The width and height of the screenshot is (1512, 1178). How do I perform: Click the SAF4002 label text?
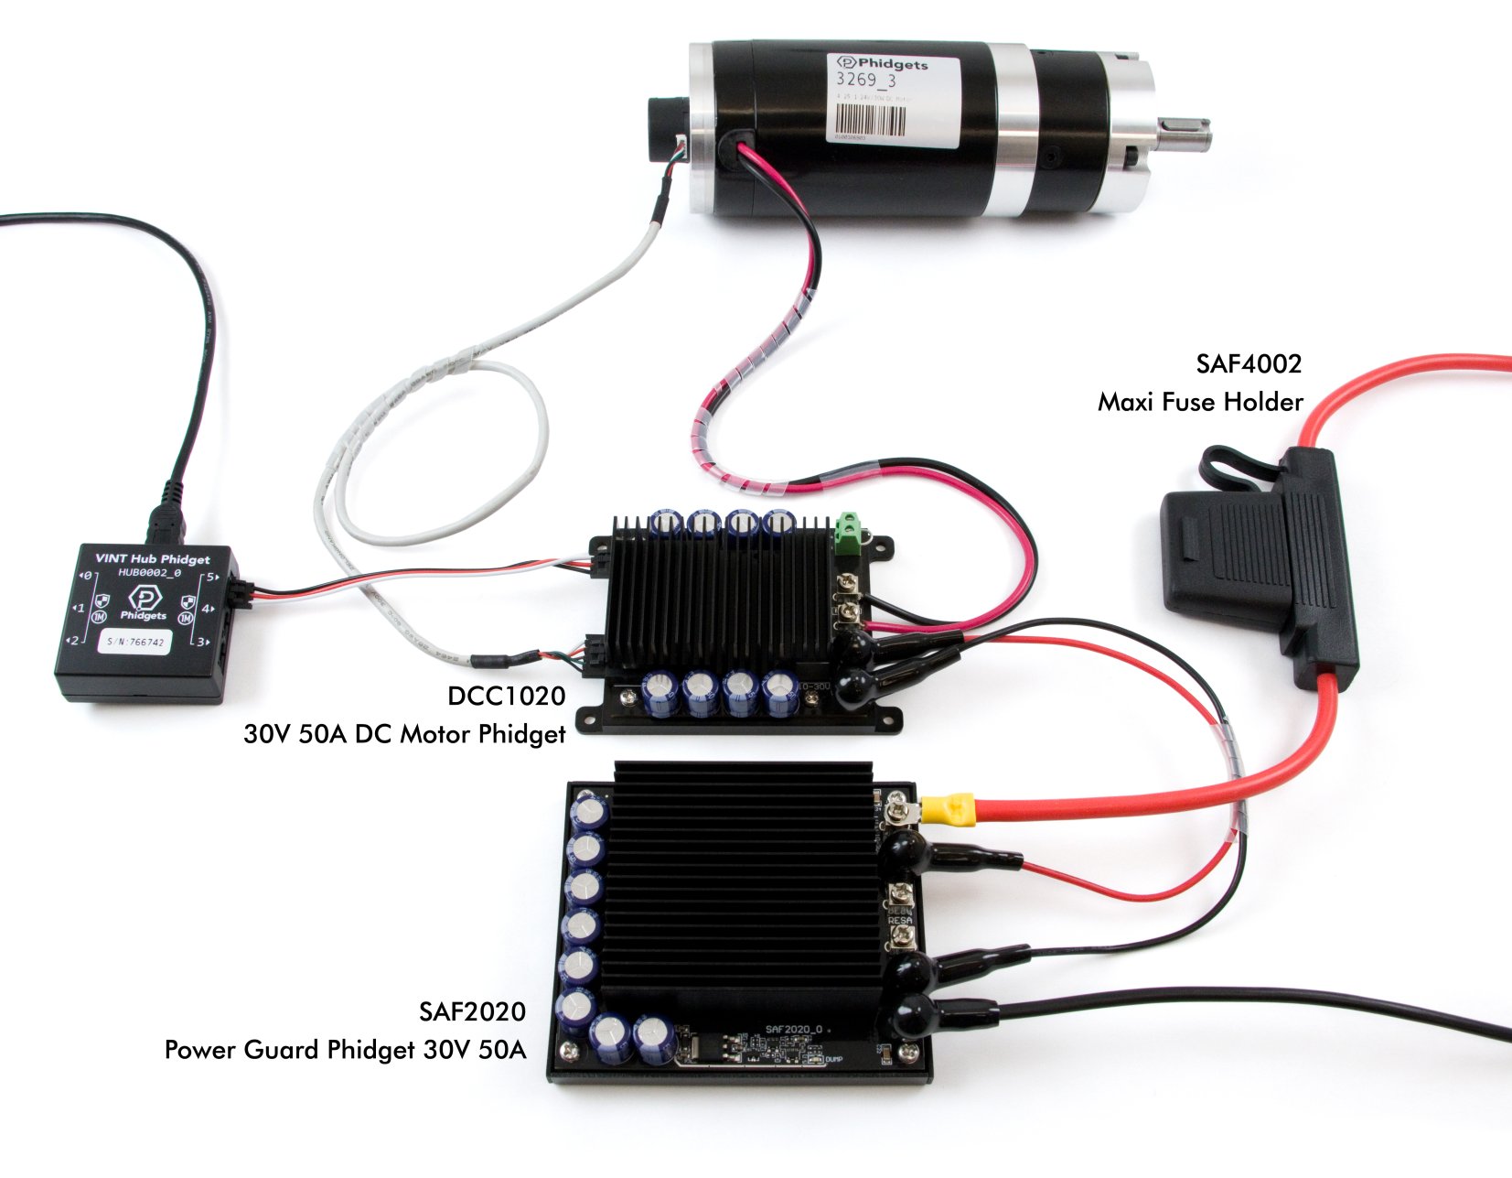coord(1248,364)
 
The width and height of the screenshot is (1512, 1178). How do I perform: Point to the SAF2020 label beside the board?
coord(472,1011)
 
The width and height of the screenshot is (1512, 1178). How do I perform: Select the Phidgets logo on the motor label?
coord(882,64)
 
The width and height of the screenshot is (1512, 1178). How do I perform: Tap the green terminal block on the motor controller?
coord(850,531)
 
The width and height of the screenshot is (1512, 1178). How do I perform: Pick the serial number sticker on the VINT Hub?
coord(135,642)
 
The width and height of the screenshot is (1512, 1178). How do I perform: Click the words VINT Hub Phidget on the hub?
coord(153,558)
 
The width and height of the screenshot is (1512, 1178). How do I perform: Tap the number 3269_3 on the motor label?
coord(866,81)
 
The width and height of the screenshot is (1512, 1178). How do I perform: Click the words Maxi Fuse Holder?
coord(1200,403)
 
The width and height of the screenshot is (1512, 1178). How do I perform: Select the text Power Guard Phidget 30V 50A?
coord(345,1050)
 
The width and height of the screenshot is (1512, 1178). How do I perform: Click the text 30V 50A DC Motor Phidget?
coord(404,734)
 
